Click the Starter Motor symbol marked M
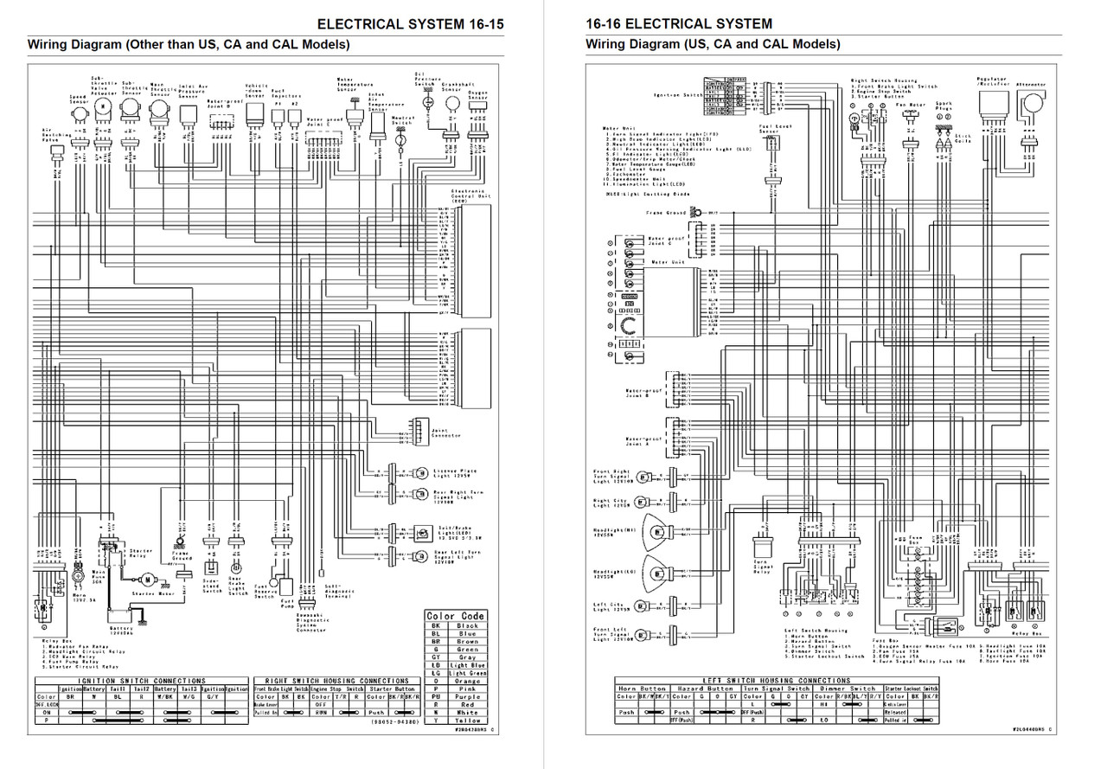(x=148, y=578)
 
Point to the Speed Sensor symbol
(x=79, y=112)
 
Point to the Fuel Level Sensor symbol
(x=767, y=146)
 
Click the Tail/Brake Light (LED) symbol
(x=422, y=533)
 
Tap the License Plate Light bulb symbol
(x=421, y=473)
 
